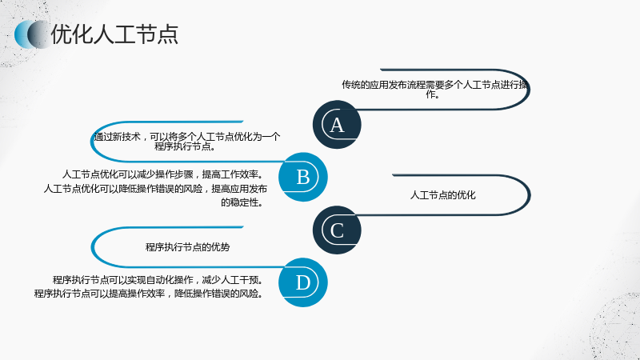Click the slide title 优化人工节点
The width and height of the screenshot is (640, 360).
point(114,34)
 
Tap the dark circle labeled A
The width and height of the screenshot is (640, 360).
point(337,125)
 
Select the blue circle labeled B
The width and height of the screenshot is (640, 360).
point(303,177)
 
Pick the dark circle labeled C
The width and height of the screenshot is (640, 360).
point(337,230)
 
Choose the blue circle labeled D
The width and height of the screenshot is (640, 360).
point(303,282)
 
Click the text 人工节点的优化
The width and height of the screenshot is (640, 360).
point(443,195)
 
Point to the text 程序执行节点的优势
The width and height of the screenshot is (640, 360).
point(187,247)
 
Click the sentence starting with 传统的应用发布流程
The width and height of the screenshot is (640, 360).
point(434,90)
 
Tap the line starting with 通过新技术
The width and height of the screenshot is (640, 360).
point(187,137)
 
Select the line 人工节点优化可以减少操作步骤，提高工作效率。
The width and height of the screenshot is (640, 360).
point(162,174)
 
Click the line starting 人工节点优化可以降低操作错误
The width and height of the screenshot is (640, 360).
point(155,189)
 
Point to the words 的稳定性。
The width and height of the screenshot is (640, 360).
point(242,202)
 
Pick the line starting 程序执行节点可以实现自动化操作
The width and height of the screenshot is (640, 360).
point(158,280)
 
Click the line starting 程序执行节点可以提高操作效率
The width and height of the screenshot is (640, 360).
point(149,294)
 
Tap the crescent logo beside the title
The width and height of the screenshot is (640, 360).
point(31,34)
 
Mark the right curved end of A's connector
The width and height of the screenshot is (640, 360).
point(529,90)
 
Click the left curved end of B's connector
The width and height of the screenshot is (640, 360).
point(92,142)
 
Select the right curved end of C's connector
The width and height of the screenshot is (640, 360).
point(529,195)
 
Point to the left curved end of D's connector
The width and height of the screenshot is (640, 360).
point(93,247)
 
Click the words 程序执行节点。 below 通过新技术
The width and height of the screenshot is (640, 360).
point(185,146)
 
